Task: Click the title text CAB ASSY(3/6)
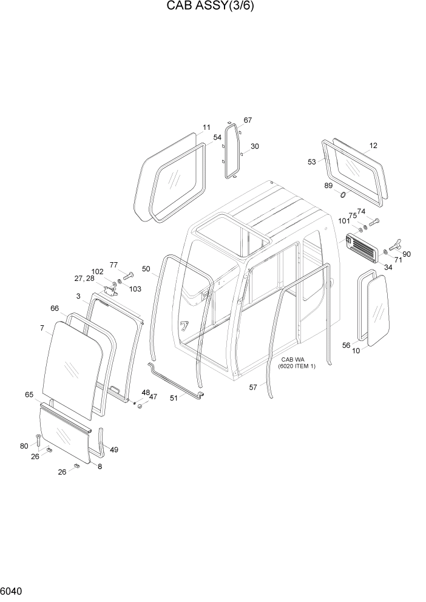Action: coord(212,7)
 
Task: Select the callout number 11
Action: coord(206,127)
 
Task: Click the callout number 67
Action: coord(248,120)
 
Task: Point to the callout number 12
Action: coord(373,146)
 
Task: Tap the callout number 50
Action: coord(146,269)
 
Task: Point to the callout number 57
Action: coord(253,387)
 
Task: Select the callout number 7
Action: coord(42,328)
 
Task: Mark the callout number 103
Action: coord(135,289)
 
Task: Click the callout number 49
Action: coord(114,450)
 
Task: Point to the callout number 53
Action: coord(312,162)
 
